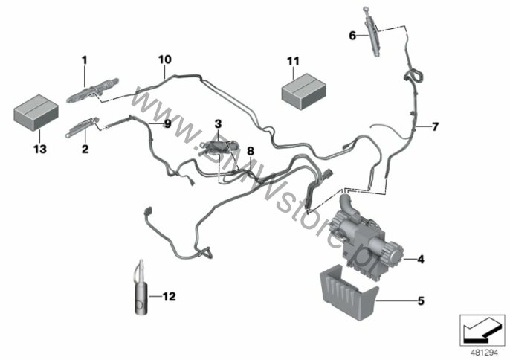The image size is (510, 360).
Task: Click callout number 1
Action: coord(85,59)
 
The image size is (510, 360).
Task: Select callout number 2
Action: coord(85,150)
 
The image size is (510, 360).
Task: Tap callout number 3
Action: coord(219,123)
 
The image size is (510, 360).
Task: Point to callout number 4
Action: coord(420,260)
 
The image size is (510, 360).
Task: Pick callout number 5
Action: coord(420,301)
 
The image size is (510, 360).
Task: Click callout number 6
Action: coord(352,35)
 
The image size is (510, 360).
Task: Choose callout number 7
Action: coord(435,126)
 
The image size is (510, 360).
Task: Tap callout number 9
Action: coord(167,124)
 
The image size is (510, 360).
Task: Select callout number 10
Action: coord(164,58)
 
